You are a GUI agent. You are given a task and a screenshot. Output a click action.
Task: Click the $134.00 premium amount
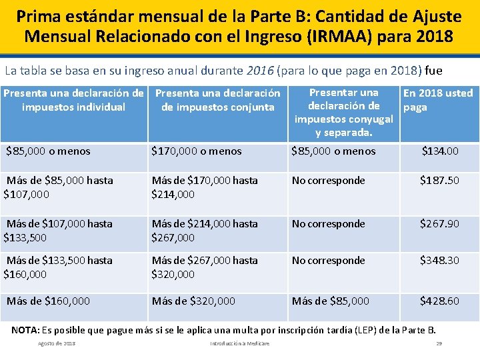coord(439,151)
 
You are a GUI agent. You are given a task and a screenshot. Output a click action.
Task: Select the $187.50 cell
coord(439,181)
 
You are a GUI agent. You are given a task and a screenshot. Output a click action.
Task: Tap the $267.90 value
coord(439,224)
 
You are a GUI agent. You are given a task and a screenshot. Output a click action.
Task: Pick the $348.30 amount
coord(439,261)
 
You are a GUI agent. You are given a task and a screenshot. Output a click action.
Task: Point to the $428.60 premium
coord(439,301)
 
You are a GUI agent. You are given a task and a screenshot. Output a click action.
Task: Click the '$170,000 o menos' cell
coord(197,151)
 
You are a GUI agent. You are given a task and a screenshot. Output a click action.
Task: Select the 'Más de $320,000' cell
coord(193,301)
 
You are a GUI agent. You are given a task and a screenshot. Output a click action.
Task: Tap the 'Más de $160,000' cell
coord(48,301)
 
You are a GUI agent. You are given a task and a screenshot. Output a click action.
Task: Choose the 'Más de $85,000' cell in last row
coord(330,301)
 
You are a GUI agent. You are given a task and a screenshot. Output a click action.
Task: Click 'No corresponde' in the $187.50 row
coord(329,181)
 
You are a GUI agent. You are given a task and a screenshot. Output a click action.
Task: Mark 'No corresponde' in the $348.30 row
coord(329,261)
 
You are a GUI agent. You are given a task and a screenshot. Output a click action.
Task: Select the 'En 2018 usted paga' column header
coord(438,100)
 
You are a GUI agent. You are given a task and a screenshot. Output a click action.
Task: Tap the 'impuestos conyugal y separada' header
coord(343,113)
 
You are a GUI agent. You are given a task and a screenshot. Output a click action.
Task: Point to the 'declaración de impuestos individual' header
coord(73,101)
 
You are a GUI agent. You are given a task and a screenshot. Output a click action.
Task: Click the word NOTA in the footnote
coord(25,330)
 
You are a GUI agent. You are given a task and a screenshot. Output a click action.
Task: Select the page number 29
coord(439,344)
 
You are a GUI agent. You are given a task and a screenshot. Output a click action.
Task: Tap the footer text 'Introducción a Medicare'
coord(239,344)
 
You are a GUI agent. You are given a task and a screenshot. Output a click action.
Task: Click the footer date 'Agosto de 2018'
coord(57,344)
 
